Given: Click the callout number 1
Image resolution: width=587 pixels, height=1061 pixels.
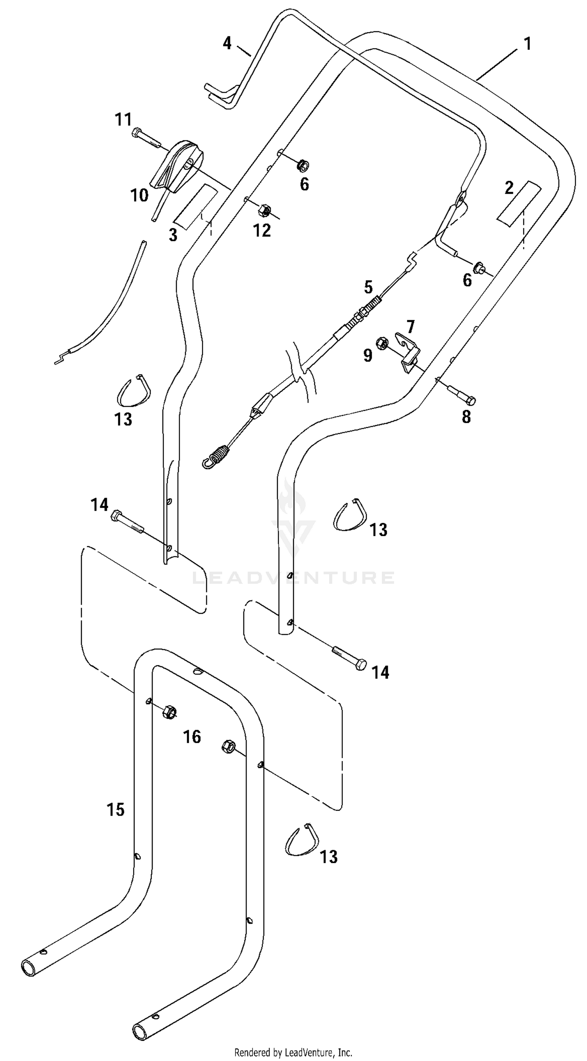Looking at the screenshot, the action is point(528,44).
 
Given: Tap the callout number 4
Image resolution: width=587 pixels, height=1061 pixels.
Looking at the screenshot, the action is point(227,43).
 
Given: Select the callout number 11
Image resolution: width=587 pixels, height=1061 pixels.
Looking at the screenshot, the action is point(123,119).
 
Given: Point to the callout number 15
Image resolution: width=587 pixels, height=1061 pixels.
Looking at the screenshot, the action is point(116,810).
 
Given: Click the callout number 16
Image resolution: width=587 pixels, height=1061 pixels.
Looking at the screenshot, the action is point(192,737).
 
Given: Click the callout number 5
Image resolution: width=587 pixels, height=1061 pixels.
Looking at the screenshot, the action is point(368,287).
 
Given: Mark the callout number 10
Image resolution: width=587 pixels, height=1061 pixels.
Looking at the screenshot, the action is point(139,195).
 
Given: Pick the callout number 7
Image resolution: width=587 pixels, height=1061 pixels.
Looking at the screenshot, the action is point(411,327).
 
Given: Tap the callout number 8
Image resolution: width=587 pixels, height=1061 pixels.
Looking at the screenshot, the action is point(466,417).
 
